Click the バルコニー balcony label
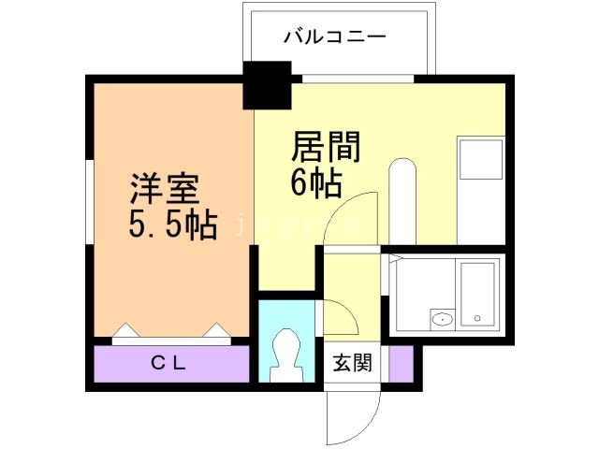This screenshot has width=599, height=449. click(335, 37)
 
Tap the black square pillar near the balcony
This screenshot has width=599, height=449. click(268, 84)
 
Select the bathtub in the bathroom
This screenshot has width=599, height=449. click(477, 292)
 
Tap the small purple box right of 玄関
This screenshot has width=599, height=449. click(401, 363)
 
